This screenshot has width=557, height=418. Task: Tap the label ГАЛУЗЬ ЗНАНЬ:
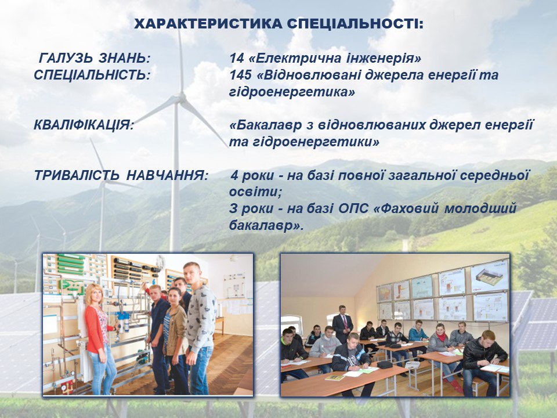point(95,58)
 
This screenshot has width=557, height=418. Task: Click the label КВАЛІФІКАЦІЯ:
point(84,125)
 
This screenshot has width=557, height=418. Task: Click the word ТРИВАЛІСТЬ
point(77,175)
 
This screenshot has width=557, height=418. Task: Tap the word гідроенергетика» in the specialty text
point(292,92)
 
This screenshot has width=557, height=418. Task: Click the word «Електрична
point(296,58)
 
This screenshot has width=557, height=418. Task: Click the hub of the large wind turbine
point(182,97)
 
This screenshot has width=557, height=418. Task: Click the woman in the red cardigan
point(99,338)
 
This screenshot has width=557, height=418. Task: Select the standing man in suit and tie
point(342,323)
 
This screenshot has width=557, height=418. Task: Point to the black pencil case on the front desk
point(384,365)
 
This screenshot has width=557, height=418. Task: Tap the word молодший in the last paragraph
point(480,208)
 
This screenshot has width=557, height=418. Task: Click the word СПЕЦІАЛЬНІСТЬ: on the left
point(92,75)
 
